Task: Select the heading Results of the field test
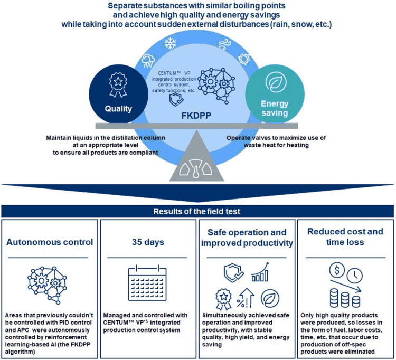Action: (x=197, y=212)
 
